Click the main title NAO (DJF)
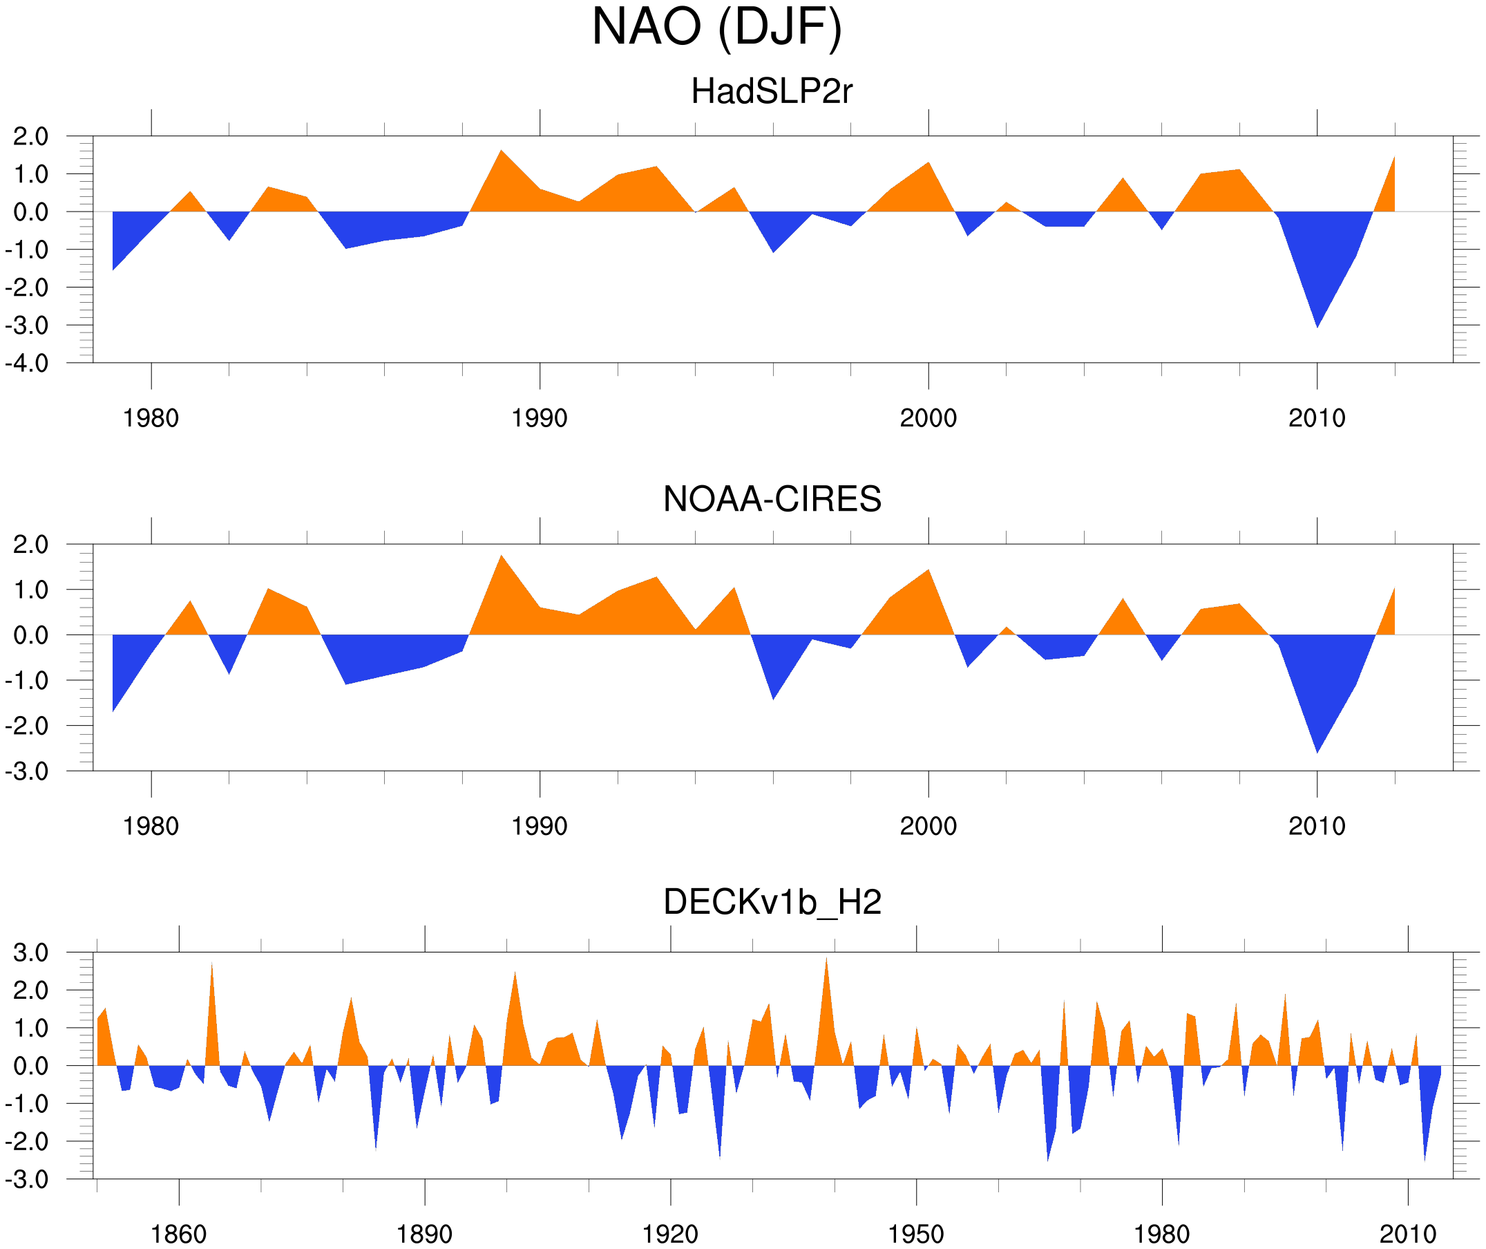[x=716, y=27]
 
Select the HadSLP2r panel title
[x=772, y=91]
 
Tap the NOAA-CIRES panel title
[x=772, y=499]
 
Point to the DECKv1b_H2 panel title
[x=772, y=902]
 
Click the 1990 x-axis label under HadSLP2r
[x=540, y=418]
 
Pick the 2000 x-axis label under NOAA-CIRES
[x=928, y=826]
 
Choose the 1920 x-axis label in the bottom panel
[x=669, y=1234]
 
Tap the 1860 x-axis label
[x=178, y=1234]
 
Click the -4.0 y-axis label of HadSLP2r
[x=27, y=364]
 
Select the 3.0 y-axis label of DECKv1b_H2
[x=31, y=953]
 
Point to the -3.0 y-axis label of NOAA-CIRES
[x=27, y=771]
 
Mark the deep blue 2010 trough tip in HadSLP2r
[x=1317, y=326]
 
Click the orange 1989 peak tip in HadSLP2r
[x=501, y=151]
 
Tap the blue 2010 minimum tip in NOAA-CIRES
[x=1317, y=752]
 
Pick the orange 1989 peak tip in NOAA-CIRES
[x=502, y=556]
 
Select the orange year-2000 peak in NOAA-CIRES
[x=928, y=571]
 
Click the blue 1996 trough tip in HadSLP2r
[x=774, y=252]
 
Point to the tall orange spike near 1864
[x=211, y=964]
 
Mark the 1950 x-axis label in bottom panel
[x=915, y=1234]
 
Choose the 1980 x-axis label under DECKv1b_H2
[x=1161, y=1234]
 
